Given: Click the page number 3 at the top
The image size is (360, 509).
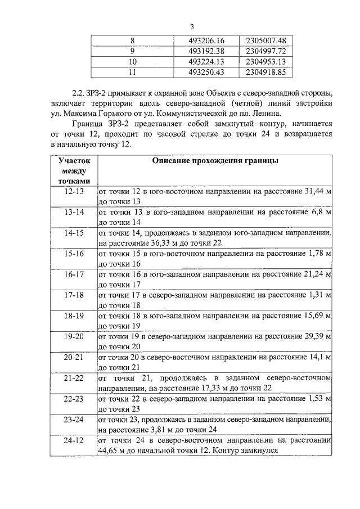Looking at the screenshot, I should pos(192,26).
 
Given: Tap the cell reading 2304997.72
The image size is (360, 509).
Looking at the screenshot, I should pos(266,51).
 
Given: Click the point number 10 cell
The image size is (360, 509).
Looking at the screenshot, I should pos(132,61).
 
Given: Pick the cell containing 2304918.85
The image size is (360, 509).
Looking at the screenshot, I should pos(266,72).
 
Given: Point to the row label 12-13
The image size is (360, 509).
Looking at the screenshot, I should pos(74,192).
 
